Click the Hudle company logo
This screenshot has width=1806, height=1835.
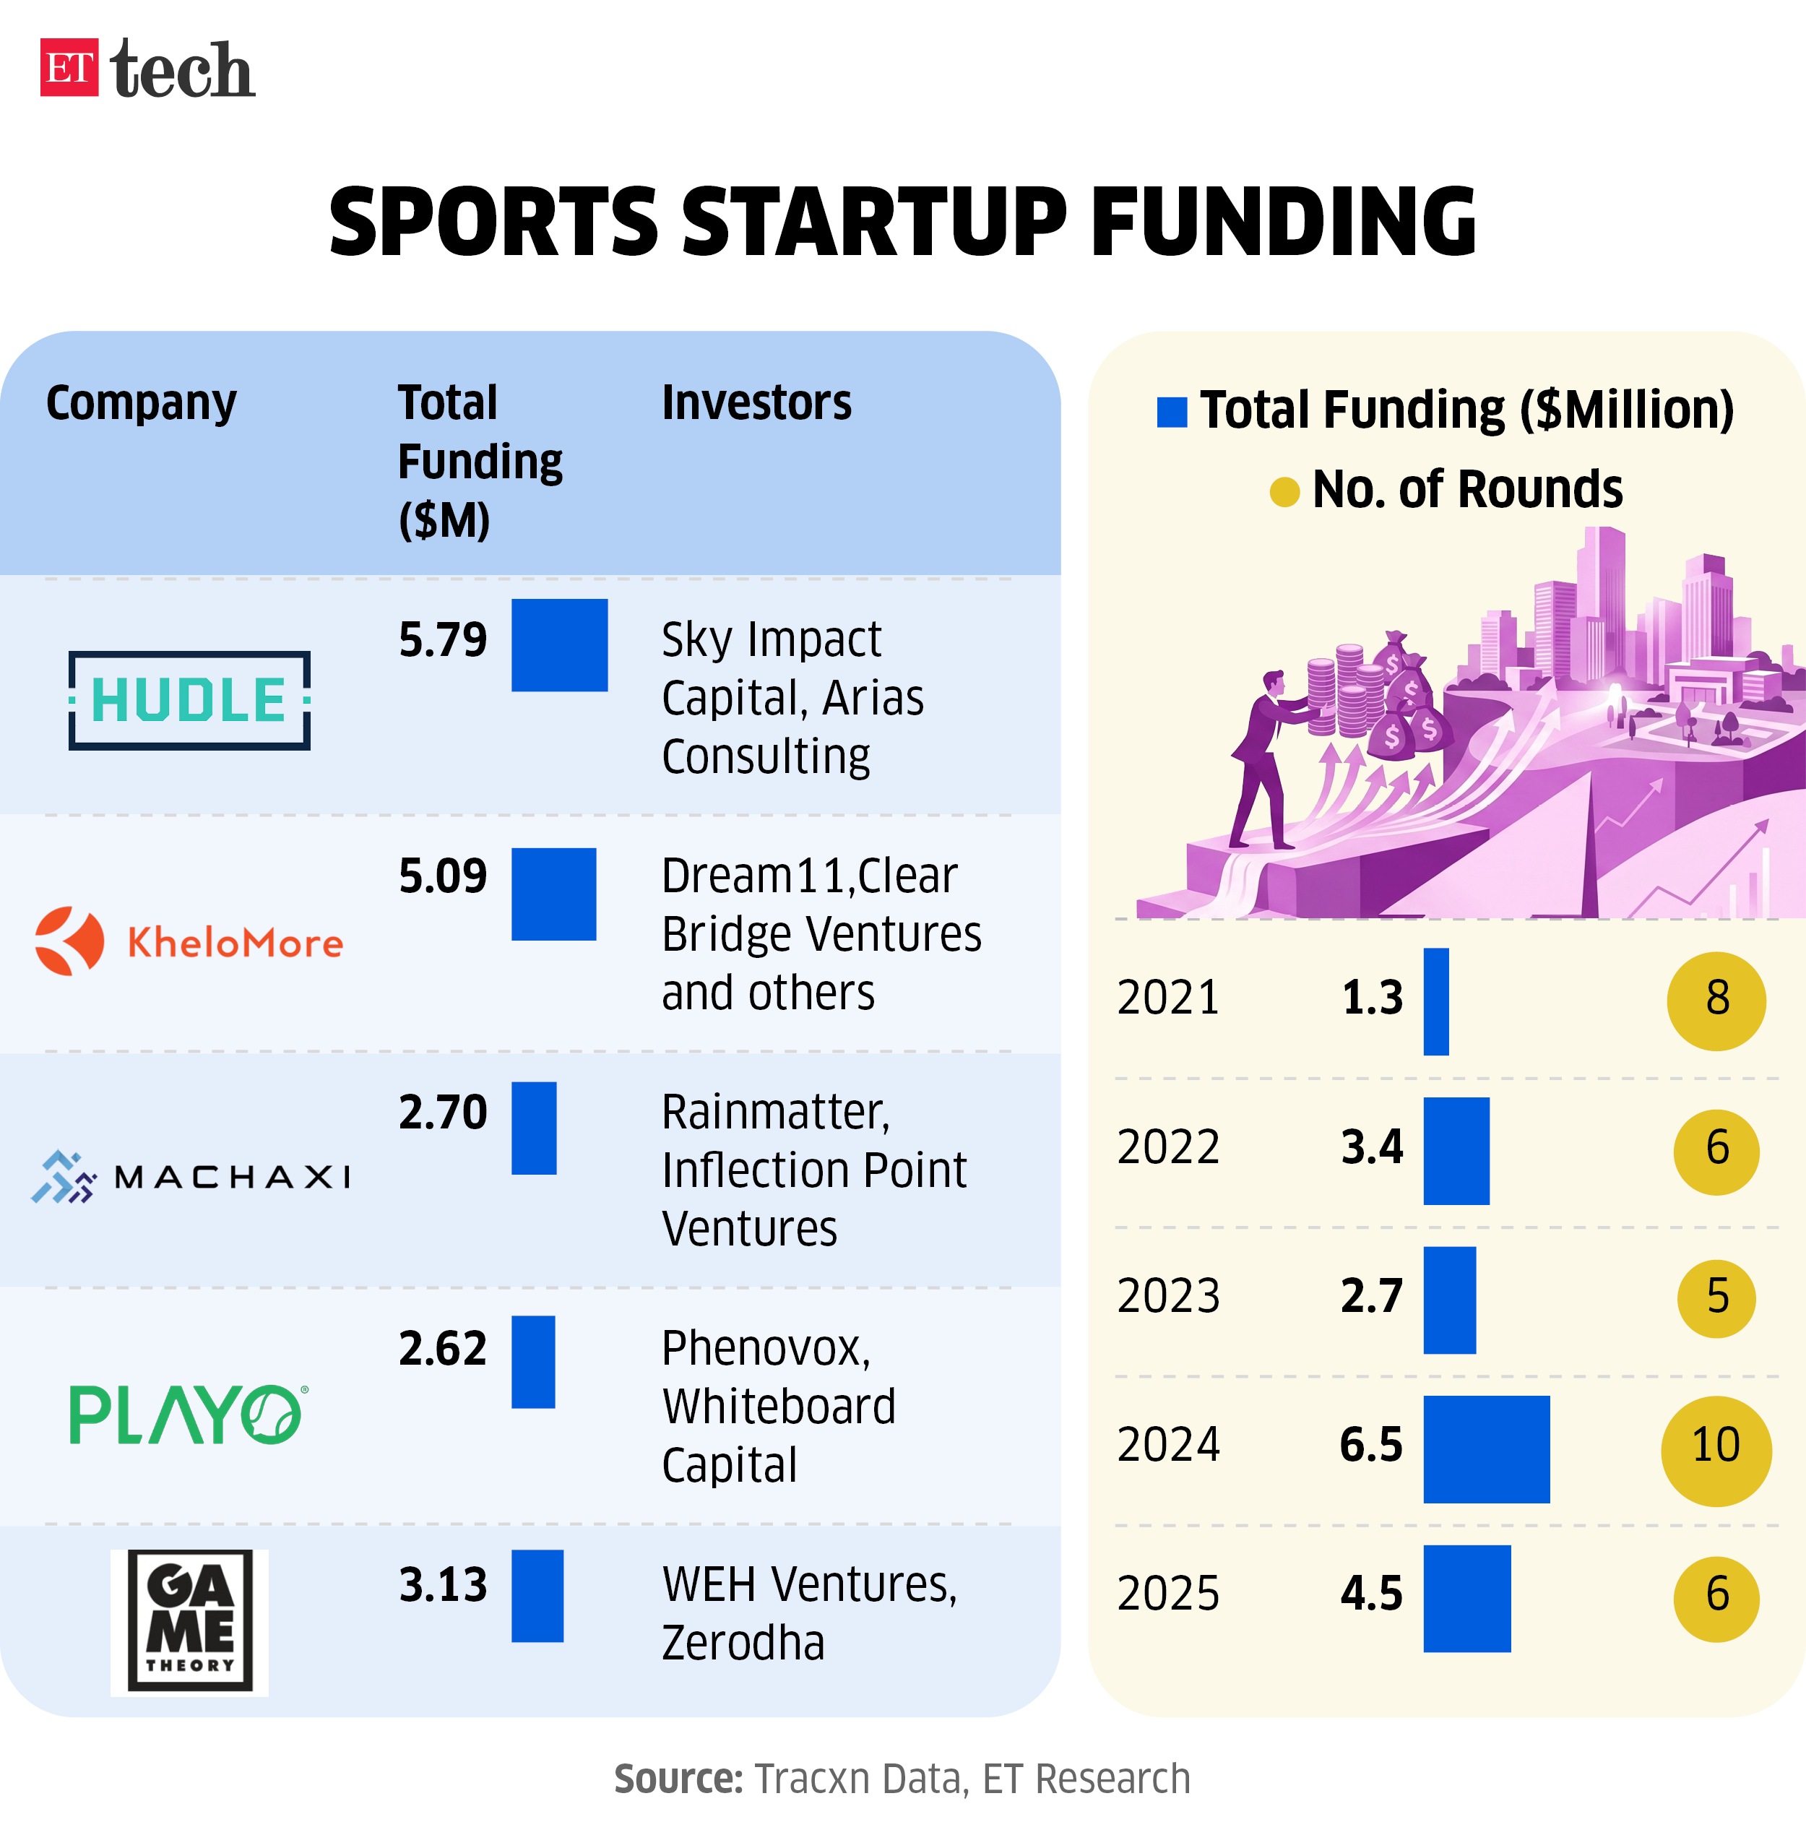point(189,700)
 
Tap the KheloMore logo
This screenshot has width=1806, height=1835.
point(189,941)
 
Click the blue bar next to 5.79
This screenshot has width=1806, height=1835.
point(558,645)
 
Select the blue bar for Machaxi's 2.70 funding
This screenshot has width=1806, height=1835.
point(533,1128)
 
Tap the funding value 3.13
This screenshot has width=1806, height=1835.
point(443,1584)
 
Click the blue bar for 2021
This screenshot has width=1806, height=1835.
point(1436,1001)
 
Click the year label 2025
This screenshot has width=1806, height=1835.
point(1167,1594)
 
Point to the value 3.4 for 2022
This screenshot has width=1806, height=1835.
point(1372,1147)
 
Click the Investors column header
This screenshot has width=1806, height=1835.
point(756,403)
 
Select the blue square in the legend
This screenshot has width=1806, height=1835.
point(1172,412)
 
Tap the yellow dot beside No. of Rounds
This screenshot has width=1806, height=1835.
point(1284,491)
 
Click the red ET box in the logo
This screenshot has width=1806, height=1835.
point(69,67)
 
